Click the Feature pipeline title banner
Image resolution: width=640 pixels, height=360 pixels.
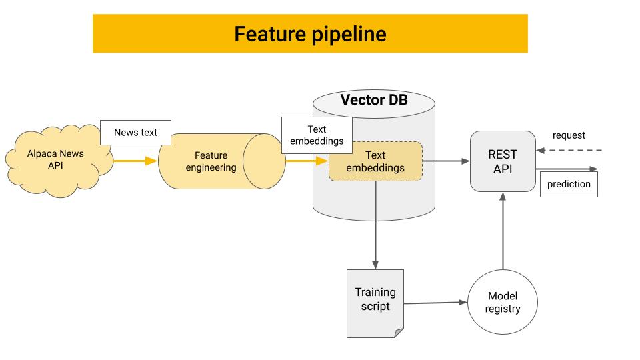click(x=310, y=33)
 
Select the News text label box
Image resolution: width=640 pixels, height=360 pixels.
click(x=135, y=132)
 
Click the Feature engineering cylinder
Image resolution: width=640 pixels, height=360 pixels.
click(x=211, y=161)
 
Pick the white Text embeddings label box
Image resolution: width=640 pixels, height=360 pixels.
click(x=317, y=135)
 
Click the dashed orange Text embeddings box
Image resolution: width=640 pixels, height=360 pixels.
click(x=375, y=161)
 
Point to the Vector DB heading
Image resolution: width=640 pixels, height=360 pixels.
click(x=373, y=101)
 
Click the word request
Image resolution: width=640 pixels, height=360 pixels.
click(x=569, y=135)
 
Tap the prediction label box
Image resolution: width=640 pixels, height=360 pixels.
click(x=569, y=184)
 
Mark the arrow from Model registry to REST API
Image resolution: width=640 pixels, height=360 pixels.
click(x=503, y=233)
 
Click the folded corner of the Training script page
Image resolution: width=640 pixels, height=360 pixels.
click(x=399, y=333)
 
